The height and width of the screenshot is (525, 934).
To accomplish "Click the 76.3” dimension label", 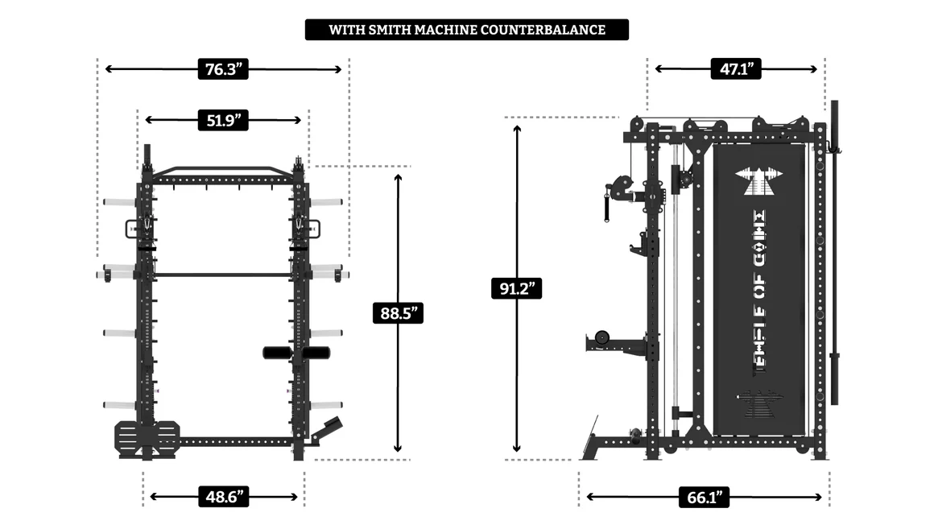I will pyautogui.click(x=222, y=69).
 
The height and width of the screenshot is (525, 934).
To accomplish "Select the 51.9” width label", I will pyautogui.click(x=222, y=120).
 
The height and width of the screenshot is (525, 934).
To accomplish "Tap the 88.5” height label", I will pyautogui.click(x=398, y=312).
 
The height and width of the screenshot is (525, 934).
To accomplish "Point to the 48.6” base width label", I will pyautogui.click(x=223, y=497).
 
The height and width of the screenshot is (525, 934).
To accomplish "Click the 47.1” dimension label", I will pyautogui.click(x=735, y=69).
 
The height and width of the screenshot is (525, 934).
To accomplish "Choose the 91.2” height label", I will pyautogui.click(x=516, y=287).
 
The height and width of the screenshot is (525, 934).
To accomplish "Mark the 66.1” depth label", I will pyautogui.click(x=703, y=497).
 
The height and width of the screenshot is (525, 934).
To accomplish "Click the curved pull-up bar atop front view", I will pyautogui.click(x=222, y=170).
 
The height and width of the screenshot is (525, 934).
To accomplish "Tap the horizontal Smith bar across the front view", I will pyautogui.click(x=222, y=275).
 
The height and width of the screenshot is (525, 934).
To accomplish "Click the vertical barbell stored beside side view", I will pyautogui.click(x=835, y=250).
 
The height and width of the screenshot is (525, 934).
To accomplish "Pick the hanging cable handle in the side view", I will pyautogui.click(x=606, y=205).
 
